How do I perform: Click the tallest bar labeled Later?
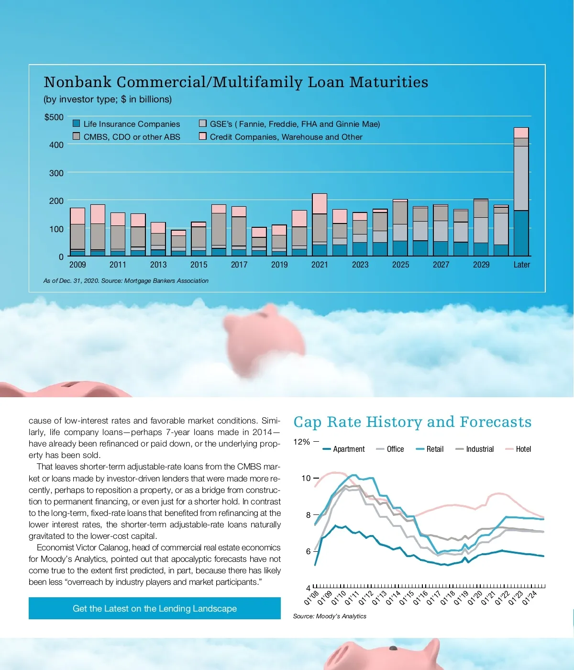[521, 191]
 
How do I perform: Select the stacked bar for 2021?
[320, 225]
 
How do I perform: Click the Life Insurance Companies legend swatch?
[77, 123]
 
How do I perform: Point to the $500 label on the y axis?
[54, 117]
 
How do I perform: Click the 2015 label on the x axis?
[199, 265]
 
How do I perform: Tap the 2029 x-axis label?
[481, 265]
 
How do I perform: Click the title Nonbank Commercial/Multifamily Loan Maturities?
[236, 82]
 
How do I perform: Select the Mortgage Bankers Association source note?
[126, 281]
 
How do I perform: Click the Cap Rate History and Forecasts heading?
[412, 422]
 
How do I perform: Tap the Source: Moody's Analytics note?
[330, 616]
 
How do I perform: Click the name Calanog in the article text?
[113, 547]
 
